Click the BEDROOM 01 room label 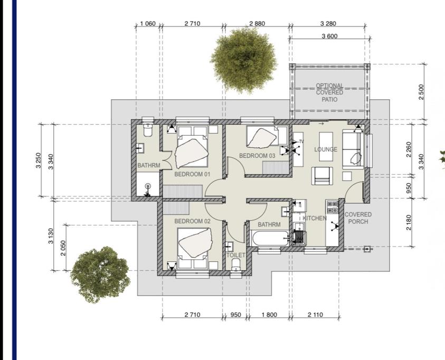[193, 174]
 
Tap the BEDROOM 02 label [193, 221]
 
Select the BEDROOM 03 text [257, 156]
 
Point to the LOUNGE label [326, 149]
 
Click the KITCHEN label [315, 218]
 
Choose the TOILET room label [236, 255]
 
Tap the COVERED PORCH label [358, 218]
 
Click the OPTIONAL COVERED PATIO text [329, 92]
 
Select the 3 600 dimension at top [329, 36]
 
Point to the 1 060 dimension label [148, 24]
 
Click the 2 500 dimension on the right [421, 92]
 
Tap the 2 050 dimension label [63, 248]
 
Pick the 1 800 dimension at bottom [269, 315]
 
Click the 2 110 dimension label [315, 315]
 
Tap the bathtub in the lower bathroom [270, 239]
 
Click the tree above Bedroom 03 [244, 60]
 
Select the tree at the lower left [100, 274]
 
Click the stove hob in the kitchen [333, 207]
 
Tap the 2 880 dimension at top [257, 24]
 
